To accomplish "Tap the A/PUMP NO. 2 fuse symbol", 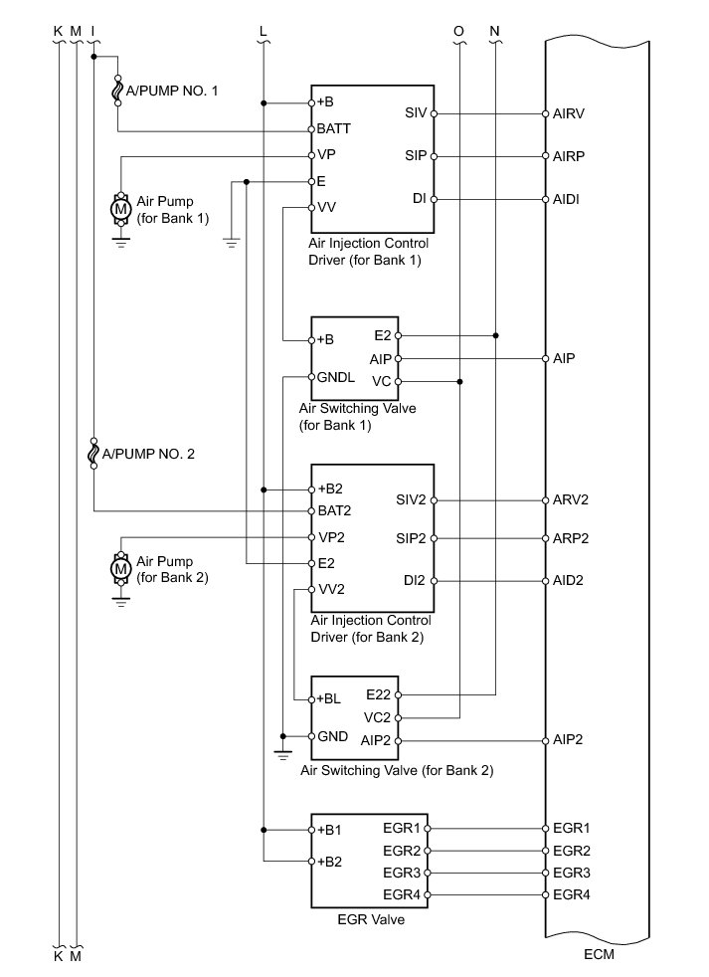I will [93, 454].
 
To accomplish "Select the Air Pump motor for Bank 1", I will [121, 210].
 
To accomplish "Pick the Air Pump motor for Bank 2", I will [121, 568].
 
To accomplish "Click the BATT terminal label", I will [334, 129].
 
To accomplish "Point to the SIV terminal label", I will [416, 113].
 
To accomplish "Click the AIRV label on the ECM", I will [568, 113].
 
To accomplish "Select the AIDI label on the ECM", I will [567, 200].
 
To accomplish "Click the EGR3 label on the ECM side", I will [571, 874].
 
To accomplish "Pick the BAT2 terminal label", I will [333, 510].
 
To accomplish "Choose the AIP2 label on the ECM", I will [567, 741].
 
